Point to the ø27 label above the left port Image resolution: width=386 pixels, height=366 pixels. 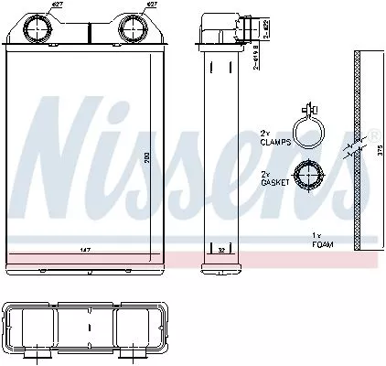57,7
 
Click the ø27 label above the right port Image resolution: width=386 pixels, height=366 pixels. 151,7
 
